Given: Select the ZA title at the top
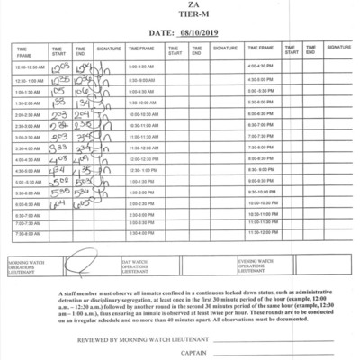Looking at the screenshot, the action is tap(180, 5).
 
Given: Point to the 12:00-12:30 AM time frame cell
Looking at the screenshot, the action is tap(29, 67).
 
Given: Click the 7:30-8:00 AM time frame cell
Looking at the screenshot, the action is tap(29, 233).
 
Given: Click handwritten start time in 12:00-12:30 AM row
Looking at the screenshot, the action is tap(59, 67).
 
